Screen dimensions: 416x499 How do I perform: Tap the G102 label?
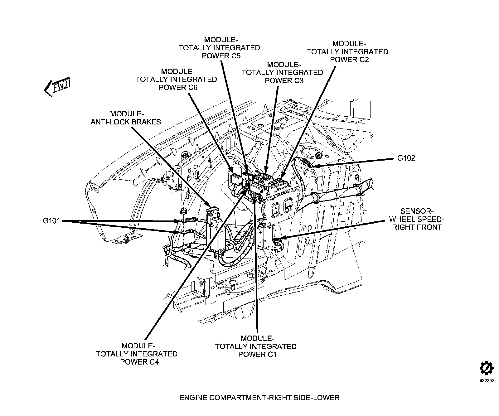pos(406,158)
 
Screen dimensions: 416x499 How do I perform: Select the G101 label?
pos(52,221)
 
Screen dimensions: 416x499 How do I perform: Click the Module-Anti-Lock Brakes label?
pos(126,118)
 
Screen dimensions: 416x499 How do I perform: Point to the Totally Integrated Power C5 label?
pos(219,48)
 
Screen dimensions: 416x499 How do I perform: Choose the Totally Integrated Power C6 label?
pos(176,79)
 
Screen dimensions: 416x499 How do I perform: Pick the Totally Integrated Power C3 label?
pos(282,73)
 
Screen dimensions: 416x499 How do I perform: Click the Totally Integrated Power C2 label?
pos(347,51)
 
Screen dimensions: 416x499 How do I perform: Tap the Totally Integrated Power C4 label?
pos(137,354)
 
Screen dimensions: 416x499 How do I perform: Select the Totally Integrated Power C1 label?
pos(256,346)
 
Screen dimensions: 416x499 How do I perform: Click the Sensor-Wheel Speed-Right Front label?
pos(416,219)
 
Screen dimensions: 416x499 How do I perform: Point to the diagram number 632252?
pos(487,380)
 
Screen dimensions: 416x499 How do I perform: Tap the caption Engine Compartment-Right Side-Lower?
pos(259,398)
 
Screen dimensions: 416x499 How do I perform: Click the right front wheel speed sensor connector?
pos(277,241)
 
